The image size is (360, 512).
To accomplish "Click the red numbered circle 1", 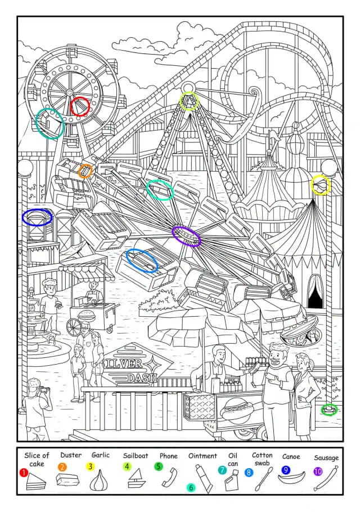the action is [23, 473].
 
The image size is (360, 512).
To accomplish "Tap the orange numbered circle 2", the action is [62, 467].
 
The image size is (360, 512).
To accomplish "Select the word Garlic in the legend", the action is [101, 455].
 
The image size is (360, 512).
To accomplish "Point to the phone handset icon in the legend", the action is [169, 477].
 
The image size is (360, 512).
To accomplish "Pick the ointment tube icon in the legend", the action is [205, 478].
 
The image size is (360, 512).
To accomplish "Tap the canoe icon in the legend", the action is [291, 477].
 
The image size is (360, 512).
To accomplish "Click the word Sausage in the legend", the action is [326, 458].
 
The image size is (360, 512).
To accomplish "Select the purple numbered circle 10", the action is [318, 471].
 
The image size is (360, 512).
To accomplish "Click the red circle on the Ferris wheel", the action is [80, 106].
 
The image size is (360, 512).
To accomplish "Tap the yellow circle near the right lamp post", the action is [321, 185].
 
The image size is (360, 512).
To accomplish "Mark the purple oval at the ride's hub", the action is [186, 236].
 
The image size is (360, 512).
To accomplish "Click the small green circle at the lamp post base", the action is [329, 410].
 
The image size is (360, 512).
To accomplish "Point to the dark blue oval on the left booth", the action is [37, 217].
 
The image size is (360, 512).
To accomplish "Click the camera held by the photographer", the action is [44, 389].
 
